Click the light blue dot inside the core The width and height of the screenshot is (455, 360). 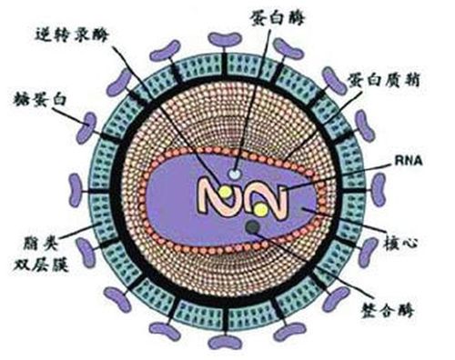(x=236, y=171)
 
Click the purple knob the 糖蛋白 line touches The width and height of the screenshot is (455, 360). (x=84, y=127)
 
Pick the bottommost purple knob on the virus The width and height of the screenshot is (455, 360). (x=222, y=341)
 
